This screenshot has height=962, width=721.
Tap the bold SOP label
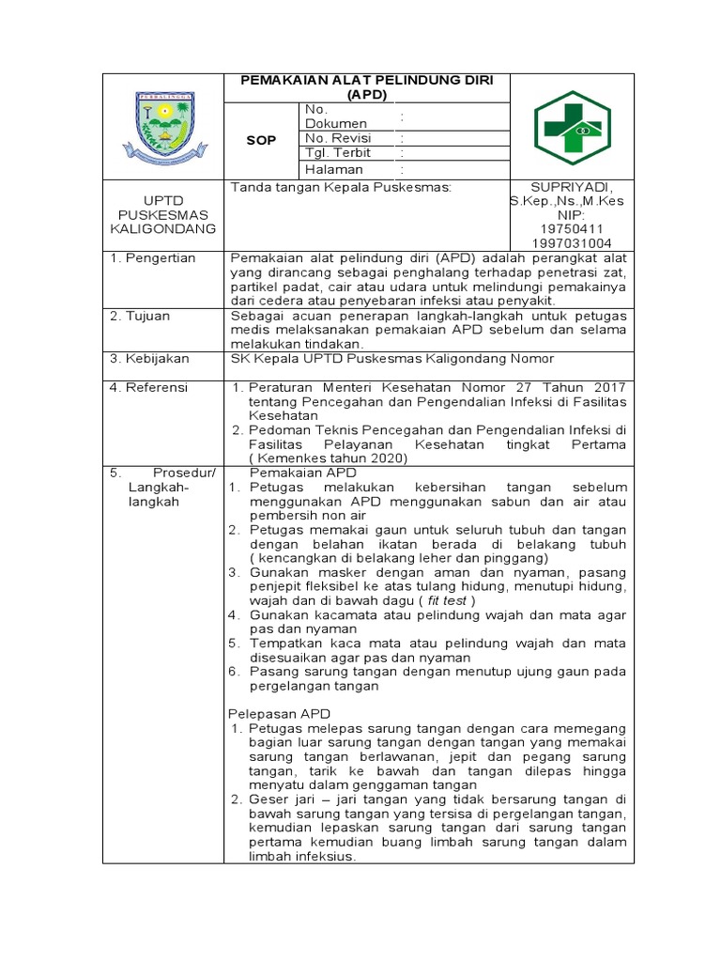tap(261, 140)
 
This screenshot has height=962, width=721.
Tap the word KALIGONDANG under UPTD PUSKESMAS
tap(163, 228)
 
